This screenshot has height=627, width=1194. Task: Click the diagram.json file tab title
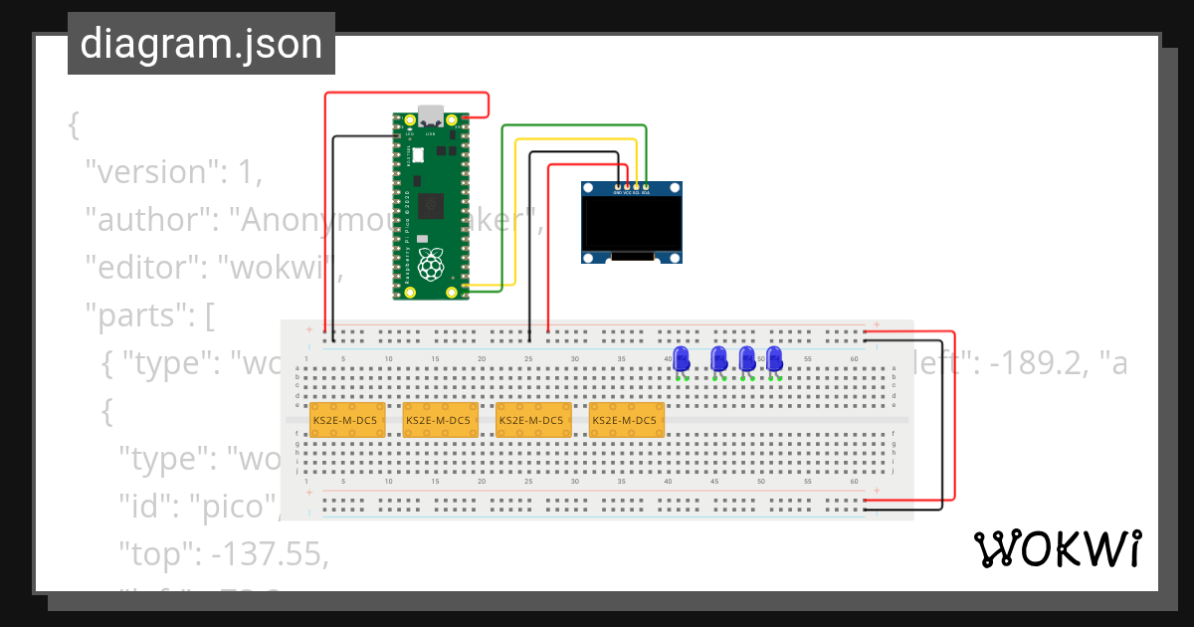click(x=201, y=44)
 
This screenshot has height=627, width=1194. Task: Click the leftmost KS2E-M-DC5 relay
click(x=345, y=420)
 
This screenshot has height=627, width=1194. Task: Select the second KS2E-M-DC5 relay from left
click(x=439, y=420)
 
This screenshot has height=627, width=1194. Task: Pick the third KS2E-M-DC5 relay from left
click(x=532, y=420)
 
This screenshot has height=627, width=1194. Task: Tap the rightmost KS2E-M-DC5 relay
click(x=626, y=420)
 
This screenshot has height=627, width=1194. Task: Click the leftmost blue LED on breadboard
click(x=682, y=359)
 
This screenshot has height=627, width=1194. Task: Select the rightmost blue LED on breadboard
click(x=774, y=359)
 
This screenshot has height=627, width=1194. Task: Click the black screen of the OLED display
click(x=632, y=225)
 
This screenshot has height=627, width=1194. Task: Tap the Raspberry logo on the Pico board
click(x=430, y=265)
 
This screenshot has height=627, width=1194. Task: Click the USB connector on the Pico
click(x=431, y=113)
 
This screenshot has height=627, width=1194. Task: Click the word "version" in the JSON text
click(x=151, y=171)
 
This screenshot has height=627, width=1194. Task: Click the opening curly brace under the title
click(x=73, y=124)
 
